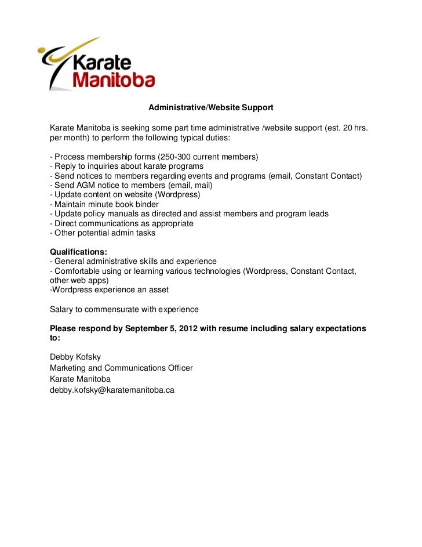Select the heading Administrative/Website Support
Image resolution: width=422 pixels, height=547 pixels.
(210, 108)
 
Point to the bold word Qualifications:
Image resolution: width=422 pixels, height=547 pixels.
(78, 252)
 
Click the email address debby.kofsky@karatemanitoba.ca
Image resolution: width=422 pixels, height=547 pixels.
(112, 390)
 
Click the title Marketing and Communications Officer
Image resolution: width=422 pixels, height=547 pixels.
(121, 368)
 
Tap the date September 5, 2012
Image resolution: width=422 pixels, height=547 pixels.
(161, 328)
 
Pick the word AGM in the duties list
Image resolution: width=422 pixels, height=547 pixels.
(85, 185)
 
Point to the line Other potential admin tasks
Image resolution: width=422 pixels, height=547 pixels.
(103, 233)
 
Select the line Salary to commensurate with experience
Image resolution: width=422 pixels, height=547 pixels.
(124, 309)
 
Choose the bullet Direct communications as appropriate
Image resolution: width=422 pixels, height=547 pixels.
(122, 223)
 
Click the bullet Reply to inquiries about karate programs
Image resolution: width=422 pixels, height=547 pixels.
(126, 166)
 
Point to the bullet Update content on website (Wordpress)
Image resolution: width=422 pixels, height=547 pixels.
(125, 195)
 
